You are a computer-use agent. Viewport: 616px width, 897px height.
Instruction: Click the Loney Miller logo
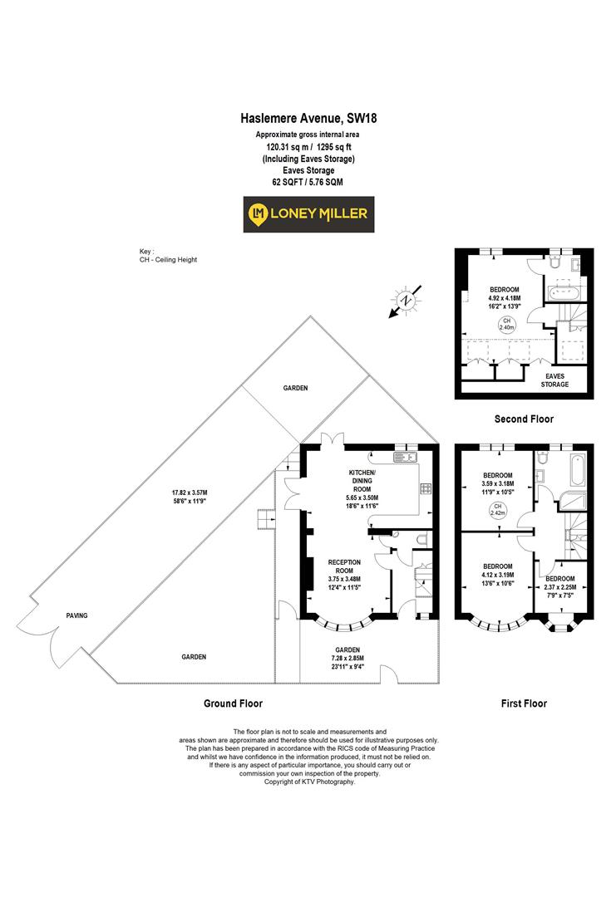pos(308,214)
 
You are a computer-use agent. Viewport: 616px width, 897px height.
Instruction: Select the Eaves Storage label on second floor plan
pos(554,380)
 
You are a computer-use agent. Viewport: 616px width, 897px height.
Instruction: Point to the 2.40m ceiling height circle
pos(505,325)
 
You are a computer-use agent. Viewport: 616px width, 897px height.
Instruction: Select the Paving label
pos(76,615)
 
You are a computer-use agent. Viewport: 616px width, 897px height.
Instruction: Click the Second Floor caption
pos(524,419)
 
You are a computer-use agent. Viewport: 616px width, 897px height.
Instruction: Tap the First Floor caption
pos(524,703)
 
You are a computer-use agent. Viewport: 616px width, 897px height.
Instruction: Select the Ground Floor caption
pos(234,703)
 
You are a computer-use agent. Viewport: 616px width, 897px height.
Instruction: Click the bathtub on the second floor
pos(567,293)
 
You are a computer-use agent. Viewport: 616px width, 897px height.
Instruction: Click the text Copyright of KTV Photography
pos(308,782)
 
